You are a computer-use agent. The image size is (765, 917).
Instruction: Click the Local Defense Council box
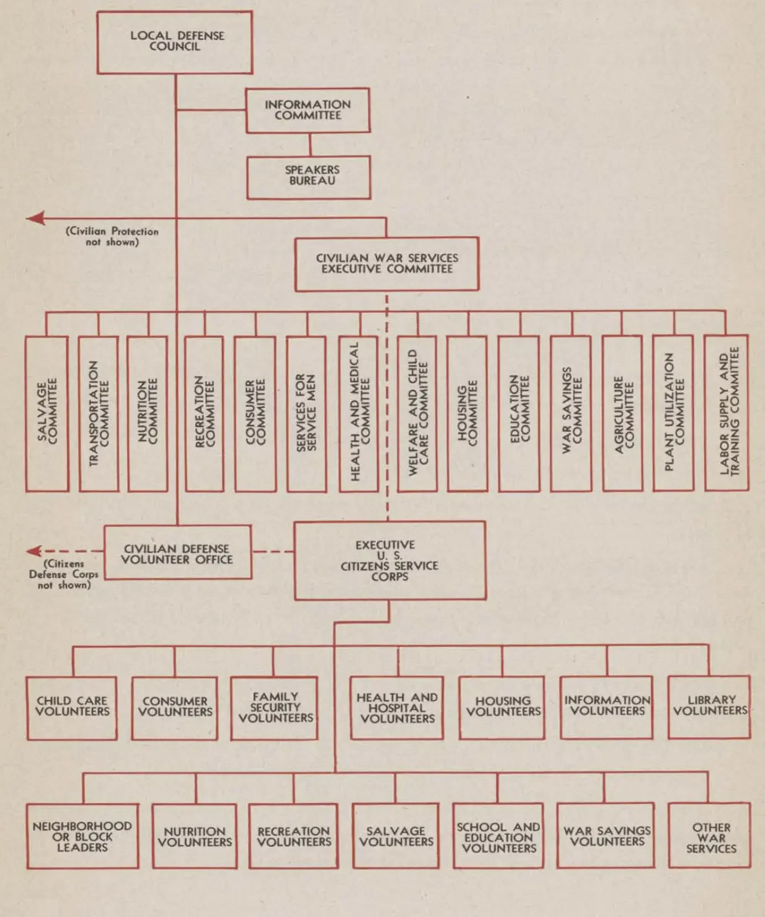(x=175, y=42)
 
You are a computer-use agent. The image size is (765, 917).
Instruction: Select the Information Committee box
(x=308, y=110)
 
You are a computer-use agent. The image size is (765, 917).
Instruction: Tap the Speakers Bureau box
(x=309, y=177)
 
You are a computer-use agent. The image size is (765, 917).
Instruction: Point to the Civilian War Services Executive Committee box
(x=387, y=264)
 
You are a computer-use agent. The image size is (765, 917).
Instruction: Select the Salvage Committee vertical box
(x=48, y=413)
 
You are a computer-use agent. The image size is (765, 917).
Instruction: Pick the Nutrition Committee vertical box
(x=148, y=413)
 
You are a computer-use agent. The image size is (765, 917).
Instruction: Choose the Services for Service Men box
(x=306, y=413)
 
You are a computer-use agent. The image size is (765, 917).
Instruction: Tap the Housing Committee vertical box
(x=467, y=413)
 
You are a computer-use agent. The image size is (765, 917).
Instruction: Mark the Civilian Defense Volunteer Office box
(x=178, y=553)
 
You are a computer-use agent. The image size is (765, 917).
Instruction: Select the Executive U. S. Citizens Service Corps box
(x=390, y=560)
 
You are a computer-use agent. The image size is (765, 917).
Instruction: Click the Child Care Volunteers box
(x=72, y=708)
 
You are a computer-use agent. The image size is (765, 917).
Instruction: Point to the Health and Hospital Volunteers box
(x=397, y=708)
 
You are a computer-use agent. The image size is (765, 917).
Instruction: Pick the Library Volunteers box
(x=710, y=707)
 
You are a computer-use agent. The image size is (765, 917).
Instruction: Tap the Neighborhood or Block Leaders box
(x=82, y=836)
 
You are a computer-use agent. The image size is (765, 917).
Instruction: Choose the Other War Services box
(x=710, y=835)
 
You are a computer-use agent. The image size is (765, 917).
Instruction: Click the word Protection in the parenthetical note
(x=135, y=231)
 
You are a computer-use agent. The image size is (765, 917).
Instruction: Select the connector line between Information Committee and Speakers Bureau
(x=310, y=144)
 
